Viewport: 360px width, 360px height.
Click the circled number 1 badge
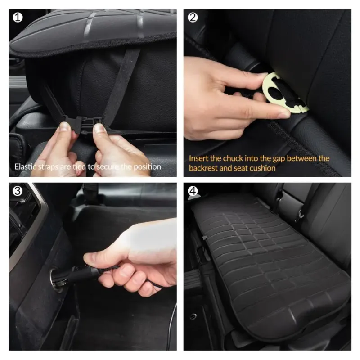pos(18,18)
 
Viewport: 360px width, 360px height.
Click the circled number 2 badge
pos(193,18)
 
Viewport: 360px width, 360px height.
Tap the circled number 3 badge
pos(18,191)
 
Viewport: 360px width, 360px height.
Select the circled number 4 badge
pos(193,191)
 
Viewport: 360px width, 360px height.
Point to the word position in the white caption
pos(147,167)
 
